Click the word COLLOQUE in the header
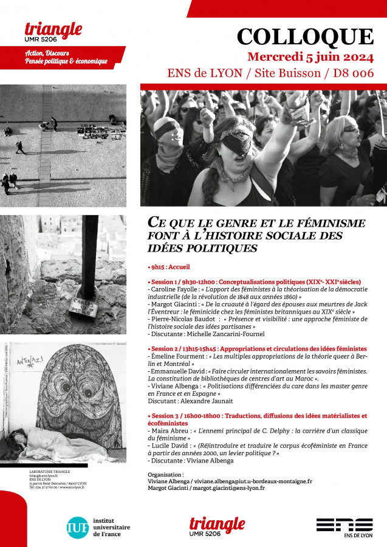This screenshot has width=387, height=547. [x=304, y=36]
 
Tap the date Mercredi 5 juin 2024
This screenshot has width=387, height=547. [x=310, y=57]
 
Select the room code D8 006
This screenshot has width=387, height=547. [x=355, y=74]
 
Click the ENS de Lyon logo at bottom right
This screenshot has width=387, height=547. [x=344, y=527]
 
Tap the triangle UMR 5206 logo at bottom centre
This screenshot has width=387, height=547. [x=217, y=526]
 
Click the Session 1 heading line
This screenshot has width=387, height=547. [x=255, y=281]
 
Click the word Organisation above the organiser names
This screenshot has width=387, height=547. [x=165, y=474]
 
